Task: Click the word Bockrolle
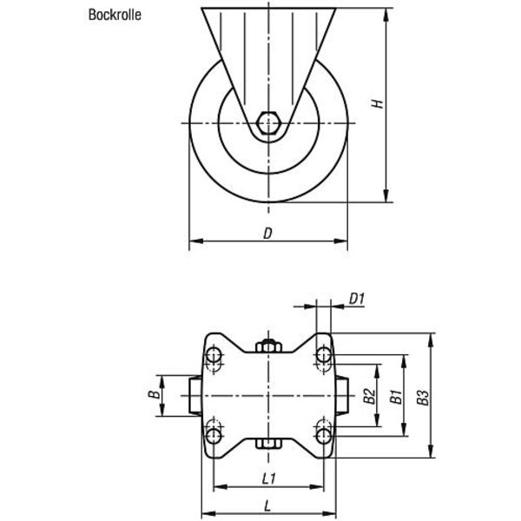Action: pyautogui.click(x=115, y=15)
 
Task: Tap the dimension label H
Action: pyautogui.click(x=377, y=103)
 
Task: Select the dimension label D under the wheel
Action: pyautogui.click(x=267, y=234)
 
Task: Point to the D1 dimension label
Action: pyautogui.click(x=357, y=299)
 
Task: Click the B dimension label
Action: pyautogui.click(x=154, y=395)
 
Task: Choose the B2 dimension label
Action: pyautogui.click(x=369, y=396)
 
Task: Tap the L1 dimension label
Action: pyautogui.click(x=268, y=478)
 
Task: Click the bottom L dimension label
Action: pyautogui.click(x=267, y=506)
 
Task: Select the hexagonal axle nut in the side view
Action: pyautogui.click(x=269, y=123)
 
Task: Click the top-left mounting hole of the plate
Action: pyautogui.click(x=214, y=355)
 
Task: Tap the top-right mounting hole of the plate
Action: pyautogui.click(x=324, y=355)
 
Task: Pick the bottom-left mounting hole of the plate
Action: pyautogui.click(x=214, y=436)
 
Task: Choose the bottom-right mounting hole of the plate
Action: pyautogui.click(x=324, y=436)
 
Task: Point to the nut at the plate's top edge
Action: pyautogui.click(x=269, y=346)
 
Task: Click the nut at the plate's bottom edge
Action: pyautogui.click(x=269, y=444)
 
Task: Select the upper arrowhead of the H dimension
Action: pyautogui.click(x=386, y=15)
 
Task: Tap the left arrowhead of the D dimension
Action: pyautogui.click(x=196, y=241)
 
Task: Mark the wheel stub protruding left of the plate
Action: pyautogui.click(x=195, y=395)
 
